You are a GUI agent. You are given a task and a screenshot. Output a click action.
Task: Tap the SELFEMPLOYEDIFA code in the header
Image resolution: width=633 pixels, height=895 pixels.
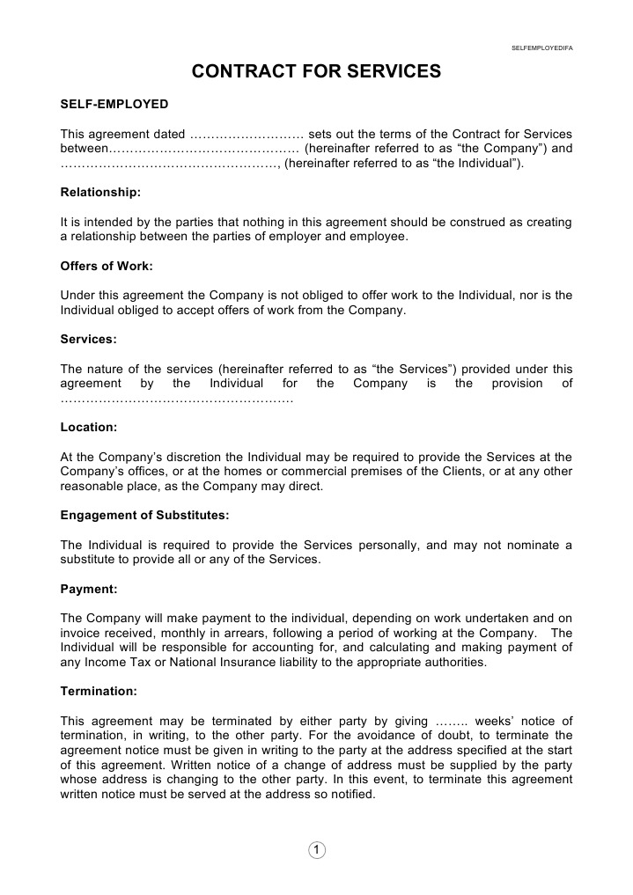[x=541, y=48]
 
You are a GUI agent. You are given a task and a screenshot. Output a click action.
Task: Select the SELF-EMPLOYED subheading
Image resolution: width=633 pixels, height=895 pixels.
[x=114, y=104]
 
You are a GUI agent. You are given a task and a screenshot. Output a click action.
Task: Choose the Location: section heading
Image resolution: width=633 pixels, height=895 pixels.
[x=88, y=427]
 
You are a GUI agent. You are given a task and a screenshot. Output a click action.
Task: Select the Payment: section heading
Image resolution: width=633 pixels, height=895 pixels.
[x=88, y=589]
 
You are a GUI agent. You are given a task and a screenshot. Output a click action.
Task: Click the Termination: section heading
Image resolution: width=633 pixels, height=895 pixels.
[x=98, y=692]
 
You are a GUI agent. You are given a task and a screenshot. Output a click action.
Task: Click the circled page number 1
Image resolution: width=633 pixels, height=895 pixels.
[x=317, y=849]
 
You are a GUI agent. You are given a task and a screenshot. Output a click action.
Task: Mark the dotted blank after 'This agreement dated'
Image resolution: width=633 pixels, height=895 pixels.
[x=247, y=135]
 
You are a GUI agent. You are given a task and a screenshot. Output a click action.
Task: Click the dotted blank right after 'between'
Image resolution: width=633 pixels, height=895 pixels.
[x=203, y=149]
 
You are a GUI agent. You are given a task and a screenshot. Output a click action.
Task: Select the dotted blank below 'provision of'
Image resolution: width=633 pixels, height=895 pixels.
[x=176, y=399]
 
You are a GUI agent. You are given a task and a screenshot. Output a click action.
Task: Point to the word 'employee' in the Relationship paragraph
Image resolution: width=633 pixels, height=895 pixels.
[x=379, y=238]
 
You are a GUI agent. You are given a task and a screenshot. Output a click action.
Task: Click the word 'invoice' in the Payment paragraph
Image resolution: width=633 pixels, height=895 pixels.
[x=80, y=634]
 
